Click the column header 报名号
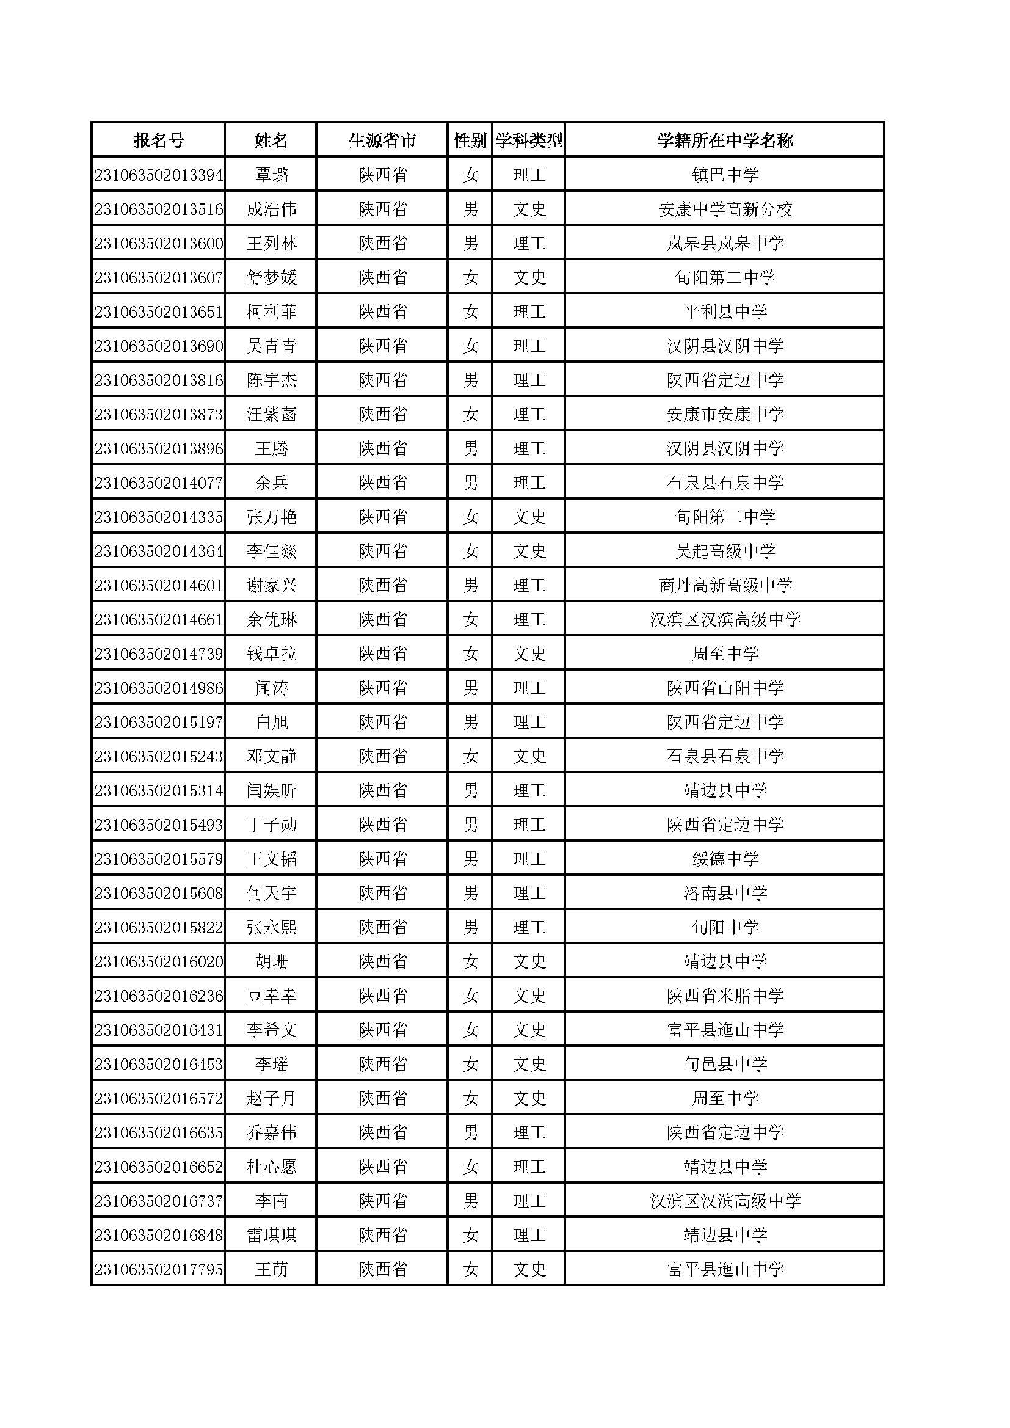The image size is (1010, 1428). point(159,140)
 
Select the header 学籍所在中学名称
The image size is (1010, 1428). point(725,140)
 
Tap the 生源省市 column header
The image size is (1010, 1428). point(382,140)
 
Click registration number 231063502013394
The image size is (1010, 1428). point(159,175)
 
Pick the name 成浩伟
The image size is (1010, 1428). point(271,209)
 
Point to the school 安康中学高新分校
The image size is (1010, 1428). point(725,209)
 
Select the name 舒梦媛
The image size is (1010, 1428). point(271,278)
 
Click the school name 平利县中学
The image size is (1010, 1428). point(725,312)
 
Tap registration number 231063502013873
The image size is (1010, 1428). point(159,415)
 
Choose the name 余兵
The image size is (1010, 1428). point(271,483)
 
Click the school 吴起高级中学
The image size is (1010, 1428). point(725,552)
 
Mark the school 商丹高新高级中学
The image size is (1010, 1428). point(725,586)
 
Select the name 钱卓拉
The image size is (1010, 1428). point(271,654)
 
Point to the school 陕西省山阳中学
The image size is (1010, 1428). point(725,688)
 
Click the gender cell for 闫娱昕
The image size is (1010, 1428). point(470,791)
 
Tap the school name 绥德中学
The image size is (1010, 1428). point(725,859)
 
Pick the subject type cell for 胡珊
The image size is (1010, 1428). point(529,962)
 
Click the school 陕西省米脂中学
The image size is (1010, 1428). point(725,996)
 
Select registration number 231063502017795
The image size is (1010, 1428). point(159,1270)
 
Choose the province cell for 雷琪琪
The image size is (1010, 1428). point(382,1236)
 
